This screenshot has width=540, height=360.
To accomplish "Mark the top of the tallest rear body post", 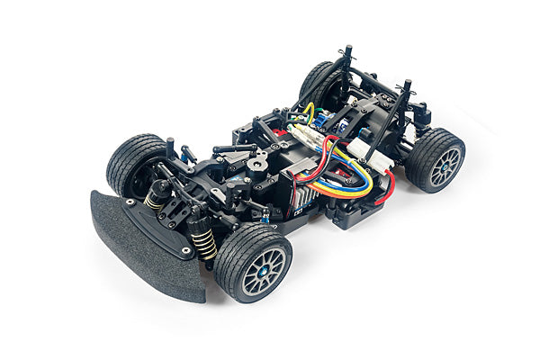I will coord(346,49).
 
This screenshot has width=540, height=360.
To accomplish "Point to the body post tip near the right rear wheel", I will coord(407,86).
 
